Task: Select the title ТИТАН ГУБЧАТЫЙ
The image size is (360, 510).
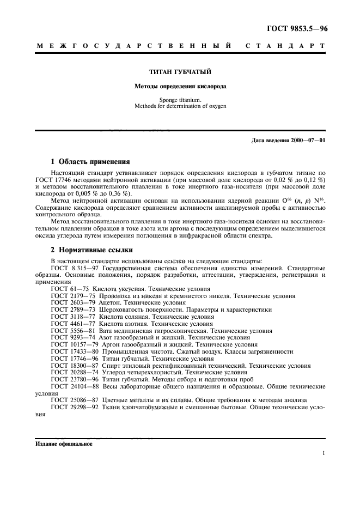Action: tap(180, 71)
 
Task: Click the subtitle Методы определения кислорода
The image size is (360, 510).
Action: tap(180, 86)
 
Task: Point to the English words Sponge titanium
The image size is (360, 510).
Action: tap(180, 100)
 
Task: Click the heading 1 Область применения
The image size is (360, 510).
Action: tap(90, 161)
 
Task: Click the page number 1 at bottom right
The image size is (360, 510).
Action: tap(324, 453)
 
